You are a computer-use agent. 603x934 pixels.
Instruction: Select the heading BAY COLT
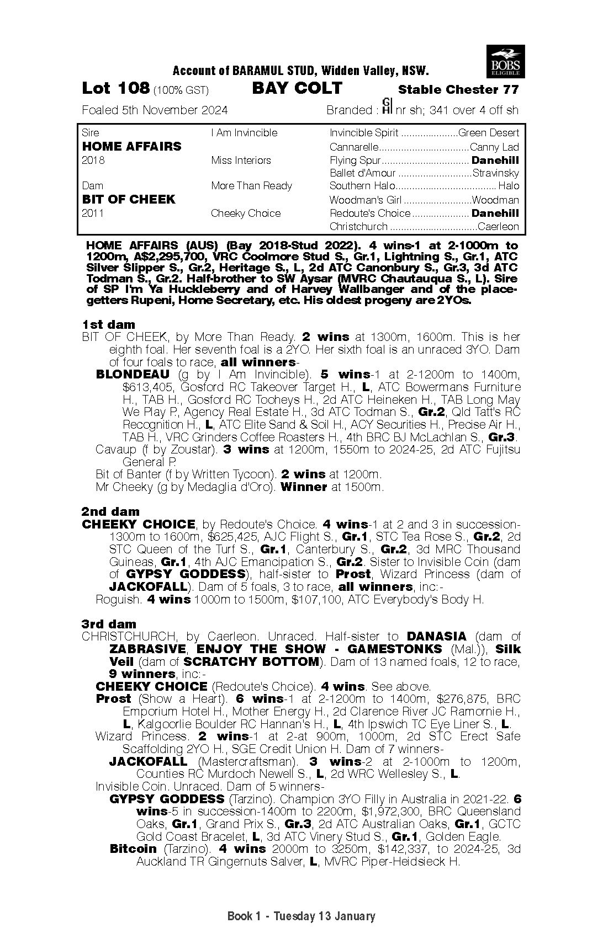click(297, 88)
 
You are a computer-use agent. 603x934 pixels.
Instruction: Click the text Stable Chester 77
click(458, 89)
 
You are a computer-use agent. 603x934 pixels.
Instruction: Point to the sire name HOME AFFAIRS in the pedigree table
click(131, 146)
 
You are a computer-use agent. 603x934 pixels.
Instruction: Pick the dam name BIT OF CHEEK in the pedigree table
click(128, 199)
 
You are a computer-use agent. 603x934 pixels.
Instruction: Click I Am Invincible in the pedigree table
click(244, 133)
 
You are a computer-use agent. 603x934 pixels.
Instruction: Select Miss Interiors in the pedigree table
click(241, 161)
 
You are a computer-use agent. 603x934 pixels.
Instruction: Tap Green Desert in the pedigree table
click(489, 133)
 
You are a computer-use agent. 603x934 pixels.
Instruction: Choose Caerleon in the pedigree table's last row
click(498, 227)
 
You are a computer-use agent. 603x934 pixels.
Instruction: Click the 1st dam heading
click(108, 324)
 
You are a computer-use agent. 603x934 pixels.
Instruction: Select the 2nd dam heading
click(110, 511)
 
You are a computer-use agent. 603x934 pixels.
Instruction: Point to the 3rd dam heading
click(109, 624)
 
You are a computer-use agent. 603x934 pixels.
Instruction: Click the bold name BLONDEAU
click(133, 375)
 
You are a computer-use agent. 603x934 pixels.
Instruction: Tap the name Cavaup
click(115, 450)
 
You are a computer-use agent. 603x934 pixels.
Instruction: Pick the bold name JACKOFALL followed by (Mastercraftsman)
click(148, 762)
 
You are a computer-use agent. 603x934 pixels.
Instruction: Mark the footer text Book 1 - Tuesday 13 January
click(301, 916)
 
